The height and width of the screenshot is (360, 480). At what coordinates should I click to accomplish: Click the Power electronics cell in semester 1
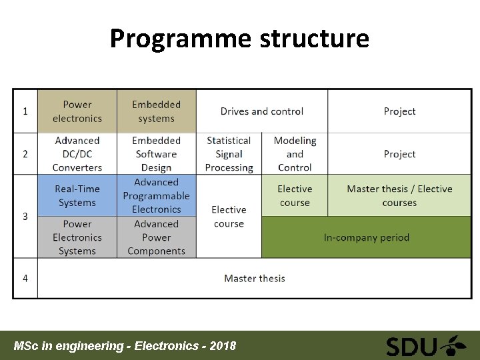pos(77,111)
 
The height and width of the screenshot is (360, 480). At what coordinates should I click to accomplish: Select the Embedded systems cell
pos(157,111)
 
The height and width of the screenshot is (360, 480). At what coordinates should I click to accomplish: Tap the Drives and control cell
pos(262,111)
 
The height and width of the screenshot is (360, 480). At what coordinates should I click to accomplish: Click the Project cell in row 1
pos(399,111)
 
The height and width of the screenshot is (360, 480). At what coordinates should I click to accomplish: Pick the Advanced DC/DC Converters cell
pos(77,154)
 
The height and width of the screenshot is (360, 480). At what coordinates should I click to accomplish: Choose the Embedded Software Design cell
pos(157,154)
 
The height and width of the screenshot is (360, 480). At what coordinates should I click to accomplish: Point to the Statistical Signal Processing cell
pos(229,154)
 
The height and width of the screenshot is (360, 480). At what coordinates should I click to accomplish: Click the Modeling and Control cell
pos(295,154)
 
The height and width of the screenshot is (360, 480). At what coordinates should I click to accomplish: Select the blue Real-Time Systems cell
pos(77,196)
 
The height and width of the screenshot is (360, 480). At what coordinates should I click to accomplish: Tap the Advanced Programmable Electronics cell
pos(157,196)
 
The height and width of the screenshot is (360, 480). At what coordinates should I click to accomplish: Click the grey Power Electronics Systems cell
pos(77,237)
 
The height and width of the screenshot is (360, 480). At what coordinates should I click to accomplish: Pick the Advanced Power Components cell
pos(157,237)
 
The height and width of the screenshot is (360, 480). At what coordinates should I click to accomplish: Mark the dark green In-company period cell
pos(366,237)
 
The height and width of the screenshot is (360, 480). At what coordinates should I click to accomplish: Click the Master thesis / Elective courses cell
pos(399,196)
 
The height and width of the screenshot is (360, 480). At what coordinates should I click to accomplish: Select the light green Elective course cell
pos(295,196)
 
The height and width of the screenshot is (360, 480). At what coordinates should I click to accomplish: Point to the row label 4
pos(25,278)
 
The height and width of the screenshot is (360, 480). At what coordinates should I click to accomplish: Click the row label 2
pos(25,154)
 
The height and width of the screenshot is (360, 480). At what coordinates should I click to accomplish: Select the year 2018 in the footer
pos(222,346)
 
